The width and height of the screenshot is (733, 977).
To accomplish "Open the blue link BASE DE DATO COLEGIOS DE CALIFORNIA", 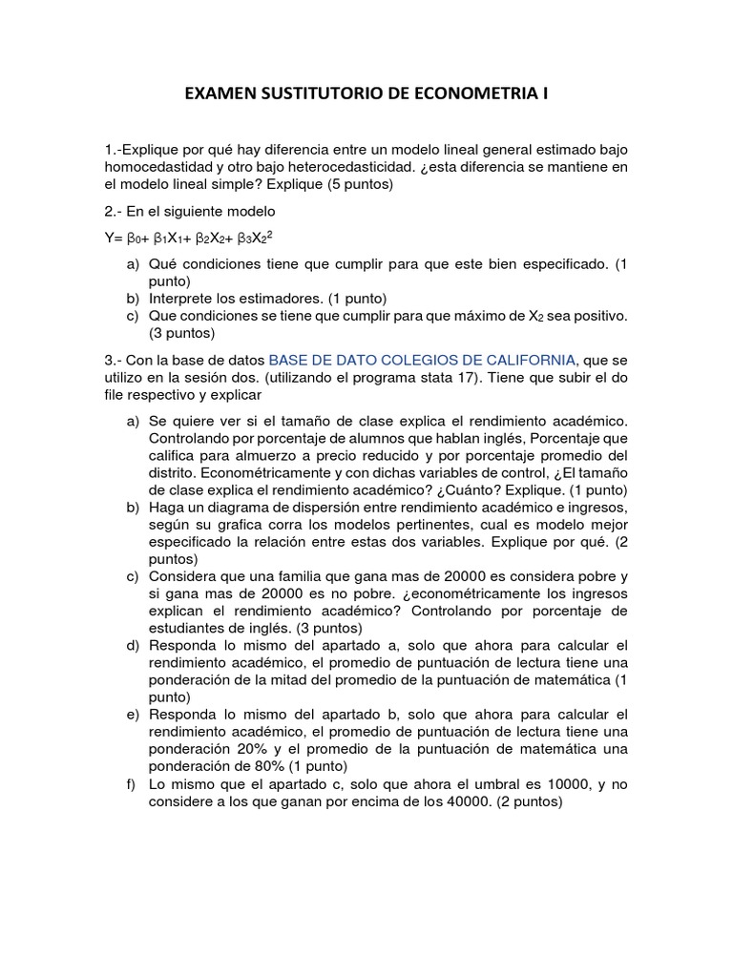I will (x=422, y=360).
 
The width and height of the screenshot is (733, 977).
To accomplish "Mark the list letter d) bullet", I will (x=132, y=646).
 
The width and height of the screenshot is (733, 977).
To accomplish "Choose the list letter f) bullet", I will (x=132, y=783).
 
